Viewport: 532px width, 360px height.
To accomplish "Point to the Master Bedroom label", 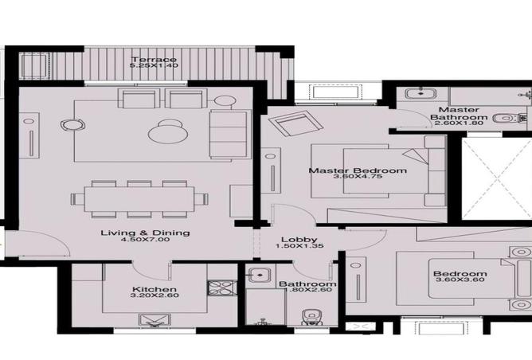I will coord(346,170).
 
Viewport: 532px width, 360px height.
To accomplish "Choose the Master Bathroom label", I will coord(457,113).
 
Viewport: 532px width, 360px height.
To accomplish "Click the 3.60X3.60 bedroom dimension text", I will coord(460,284).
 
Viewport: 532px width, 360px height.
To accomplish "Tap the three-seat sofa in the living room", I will coord(229,135).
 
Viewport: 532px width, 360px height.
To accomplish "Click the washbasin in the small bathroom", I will coord(256,277).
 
